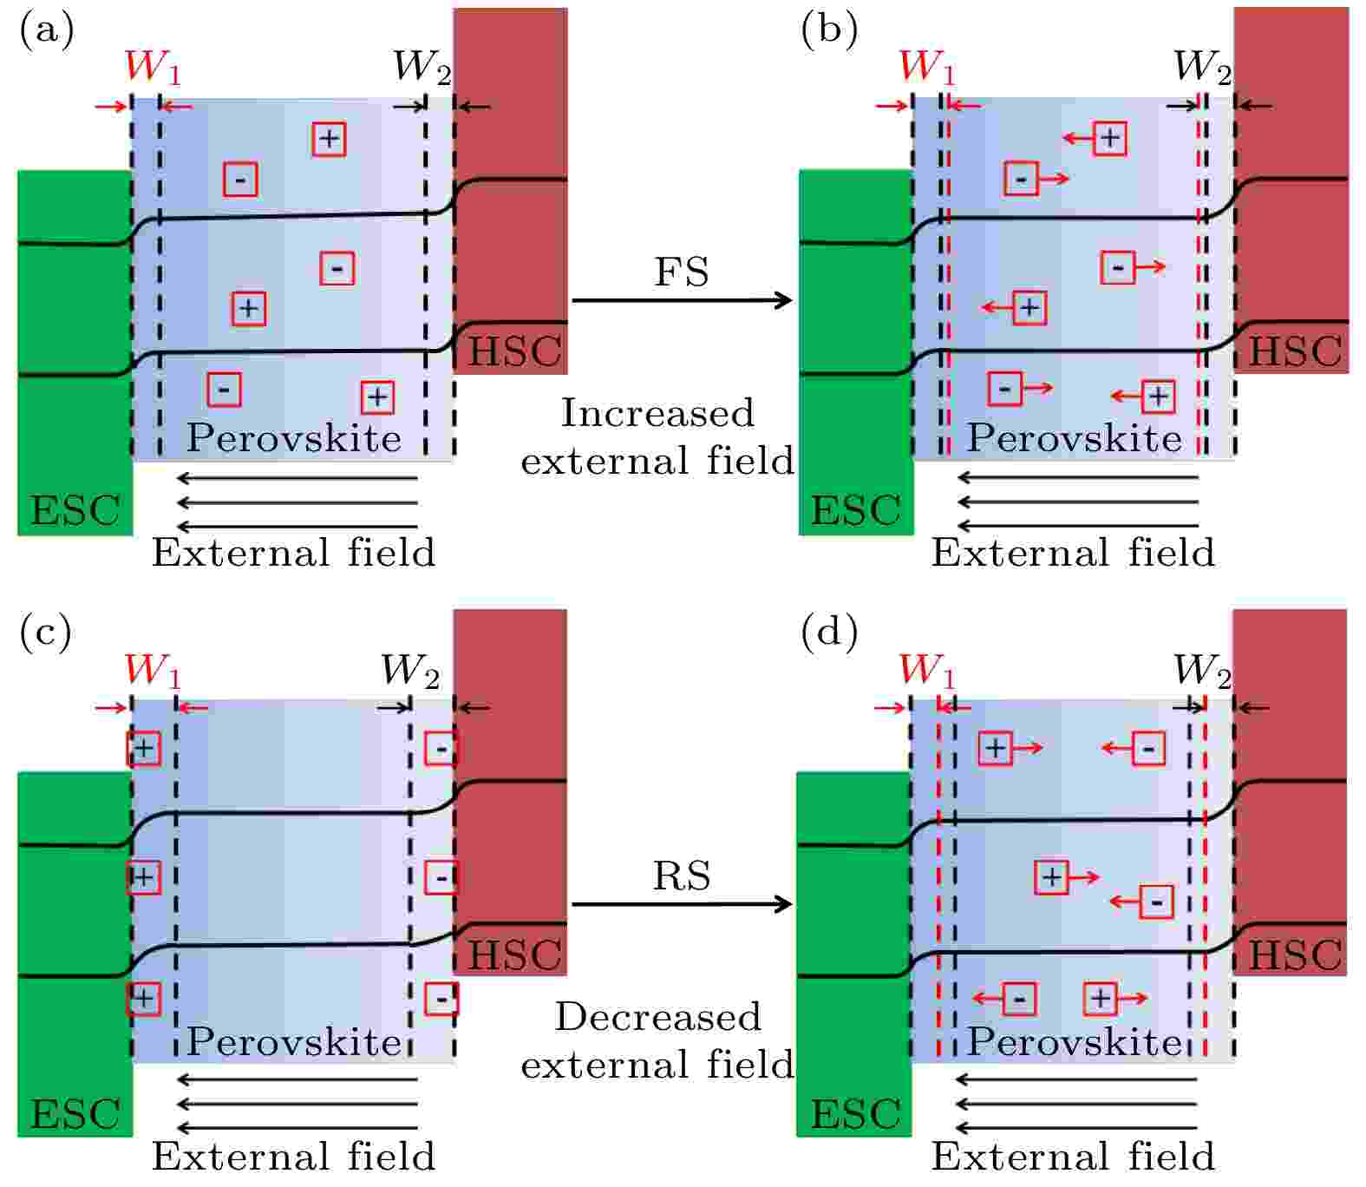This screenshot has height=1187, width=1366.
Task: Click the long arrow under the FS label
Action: [683, 300]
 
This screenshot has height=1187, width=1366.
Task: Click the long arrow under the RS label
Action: [683, 904]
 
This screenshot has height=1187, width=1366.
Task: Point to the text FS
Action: [682, 272]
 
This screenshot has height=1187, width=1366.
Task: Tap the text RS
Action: [682, 875]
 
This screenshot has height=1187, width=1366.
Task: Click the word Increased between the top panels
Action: [657, 413]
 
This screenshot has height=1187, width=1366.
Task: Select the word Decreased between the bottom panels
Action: [657, 1017]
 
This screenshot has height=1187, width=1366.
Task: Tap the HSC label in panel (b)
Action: [1294, 351]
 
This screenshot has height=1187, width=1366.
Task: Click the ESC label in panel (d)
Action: [854, 1115]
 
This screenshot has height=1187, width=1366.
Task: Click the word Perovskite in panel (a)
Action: [294, 438]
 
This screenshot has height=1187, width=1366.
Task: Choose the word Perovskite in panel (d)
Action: [1075, 1041]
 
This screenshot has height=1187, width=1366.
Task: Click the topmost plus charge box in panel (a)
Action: [329, 139]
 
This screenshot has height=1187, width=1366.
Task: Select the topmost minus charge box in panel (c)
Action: [441, 748]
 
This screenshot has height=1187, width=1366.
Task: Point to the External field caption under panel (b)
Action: [1073, 553]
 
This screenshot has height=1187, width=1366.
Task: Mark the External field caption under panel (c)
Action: [293, 1157]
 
